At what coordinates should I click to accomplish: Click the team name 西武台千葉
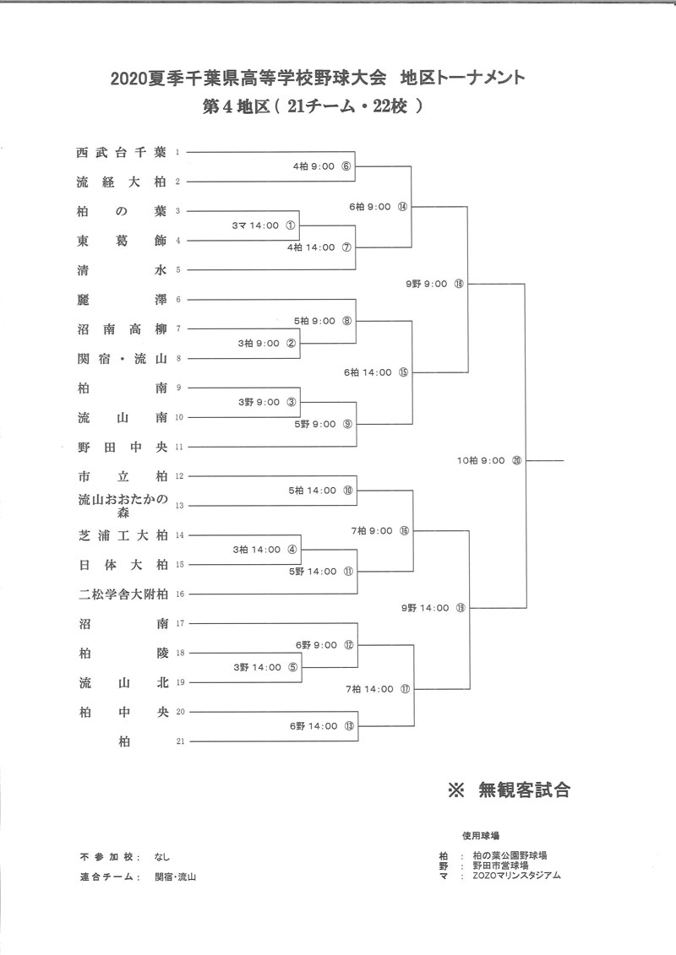point(122,152)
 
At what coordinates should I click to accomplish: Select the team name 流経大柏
point(122,182)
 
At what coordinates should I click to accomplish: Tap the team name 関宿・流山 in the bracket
point(122,359)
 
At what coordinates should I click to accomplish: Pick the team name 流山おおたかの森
point(123,506)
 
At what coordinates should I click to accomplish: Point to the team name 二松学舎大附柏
point(123,594)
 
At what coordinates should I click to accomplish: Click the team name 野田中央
point(123,447)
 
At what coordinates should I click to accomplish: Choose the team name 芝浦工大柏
point(123,535)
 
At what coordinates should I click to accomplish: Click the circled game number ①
point(290,225)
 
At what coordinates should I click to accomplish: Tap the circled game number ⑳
point(517,460)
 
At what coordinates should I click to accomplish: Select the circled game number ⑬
point(349,726)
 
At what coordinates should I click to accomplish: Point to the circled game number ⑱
point(458,284)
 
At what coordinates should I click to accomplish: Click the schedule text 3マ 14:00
point(255,225)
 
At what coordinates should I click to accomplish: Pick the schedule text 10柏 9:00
point(481,460)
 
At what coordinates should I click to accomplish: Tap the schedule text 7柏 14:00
point(370,689)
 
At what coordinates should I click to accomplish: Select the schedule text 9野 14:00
point(425,608)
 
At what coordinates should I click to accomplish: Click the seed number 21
point(180,741)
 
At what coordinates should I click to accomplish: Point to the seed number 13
point(179,506)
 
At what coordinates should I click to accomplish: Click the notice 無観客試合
point(524,790)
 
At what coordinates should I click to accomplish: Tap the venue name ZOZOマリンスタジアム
point(517,876)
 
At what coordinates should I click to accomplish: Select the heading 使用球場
point(480,836)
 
